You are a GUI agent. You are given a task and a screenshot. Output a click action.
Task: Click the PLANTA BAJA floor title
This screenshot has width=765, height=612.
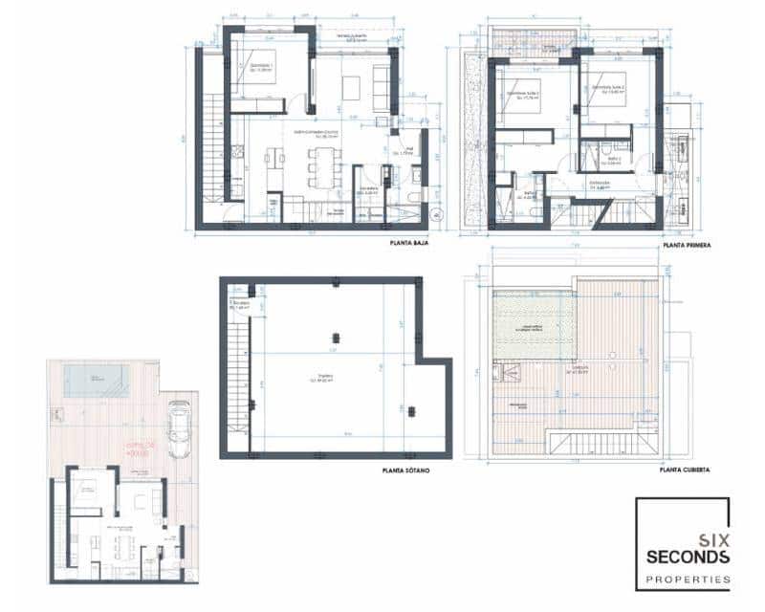[408, 244]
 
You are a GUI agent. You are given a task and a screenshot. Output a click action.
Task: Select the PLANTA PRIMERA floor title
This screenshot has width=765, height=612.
[686, 245]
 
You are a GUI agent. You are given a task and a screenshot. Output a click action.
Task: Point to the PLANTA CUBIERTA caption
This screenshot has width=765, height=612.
[685, 470]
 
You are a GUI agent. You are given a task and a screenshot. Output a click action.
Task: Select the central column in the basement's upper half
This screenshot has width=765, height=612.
[335, 336]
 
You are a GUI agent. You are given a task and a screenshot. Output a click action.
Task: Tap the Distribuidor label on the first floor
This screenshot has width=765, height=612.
[601, 185]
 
